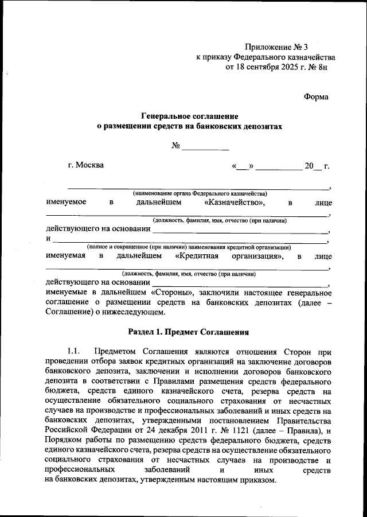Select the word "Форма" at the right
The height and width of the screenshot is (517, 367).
[316, 96]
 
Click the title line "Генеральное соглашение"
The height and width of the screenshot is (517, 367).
[189, 116]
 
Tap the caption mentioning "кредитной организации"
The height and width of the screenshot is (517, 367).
[189, 247]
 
